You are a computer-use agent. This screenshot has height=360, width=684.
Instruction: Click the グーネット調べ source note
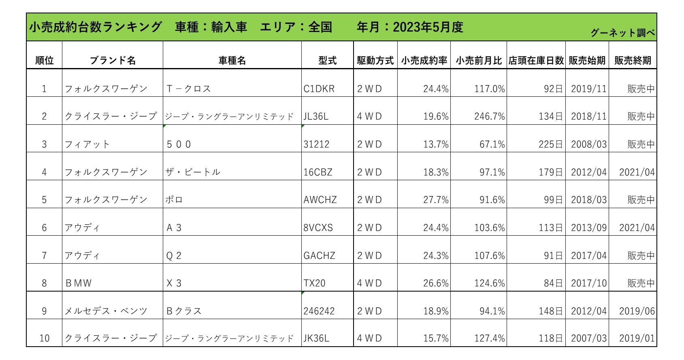[x=622, y=33]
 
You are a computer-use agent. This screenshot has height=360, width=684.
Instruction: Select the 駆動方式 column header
[x=375, y=61]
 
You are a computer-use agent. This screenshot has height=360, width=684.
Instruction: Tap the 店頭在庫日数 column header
[x=536, y=61]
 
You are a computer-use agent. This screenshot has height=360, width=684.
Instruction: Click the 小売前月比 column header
[x=479, y=61]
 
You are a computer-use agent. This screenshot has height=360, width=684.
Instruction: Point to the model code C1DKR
[x=319, y=89]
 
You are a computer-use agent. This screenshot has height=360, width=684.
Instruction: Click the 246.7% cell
[x=490, y=117]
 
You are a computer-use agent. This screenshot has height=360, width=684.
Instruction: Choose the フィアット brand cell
[x=87, y=145]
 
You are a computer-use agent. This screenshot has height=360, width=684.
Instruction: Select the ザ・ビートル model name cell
[x=193, y=172]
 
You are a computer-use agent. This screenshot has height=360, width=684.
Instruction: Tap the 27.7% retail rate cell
[x=436, y=200]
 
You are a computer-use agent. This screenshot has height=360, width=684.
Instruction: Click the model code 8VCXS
[x=318, y=228]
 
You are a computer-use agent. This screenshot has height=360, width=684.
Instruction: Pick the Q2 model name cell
[x=174, y=256]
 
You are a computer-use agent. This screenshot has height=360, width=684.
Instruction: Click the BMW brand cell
[x=79, y=283]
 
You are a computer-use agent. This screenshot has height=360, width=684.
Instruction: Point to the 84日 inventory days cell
[x=553, y=283]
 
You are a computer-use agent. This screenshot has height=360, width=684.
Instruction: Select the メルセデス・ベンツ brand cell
[x=106, y=311]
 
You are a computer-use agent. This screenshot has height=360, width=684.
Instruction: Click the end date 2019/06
[x=637, y=311]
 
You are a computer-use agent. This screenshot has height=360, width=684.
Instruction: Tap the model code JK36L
[x=316, y=338]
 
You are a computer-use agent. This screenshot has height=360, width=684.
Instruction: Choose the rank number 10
[x=44, y=338]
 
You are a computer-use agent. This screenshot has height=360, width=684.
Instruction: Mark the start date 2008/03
[x=589, y=145]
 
